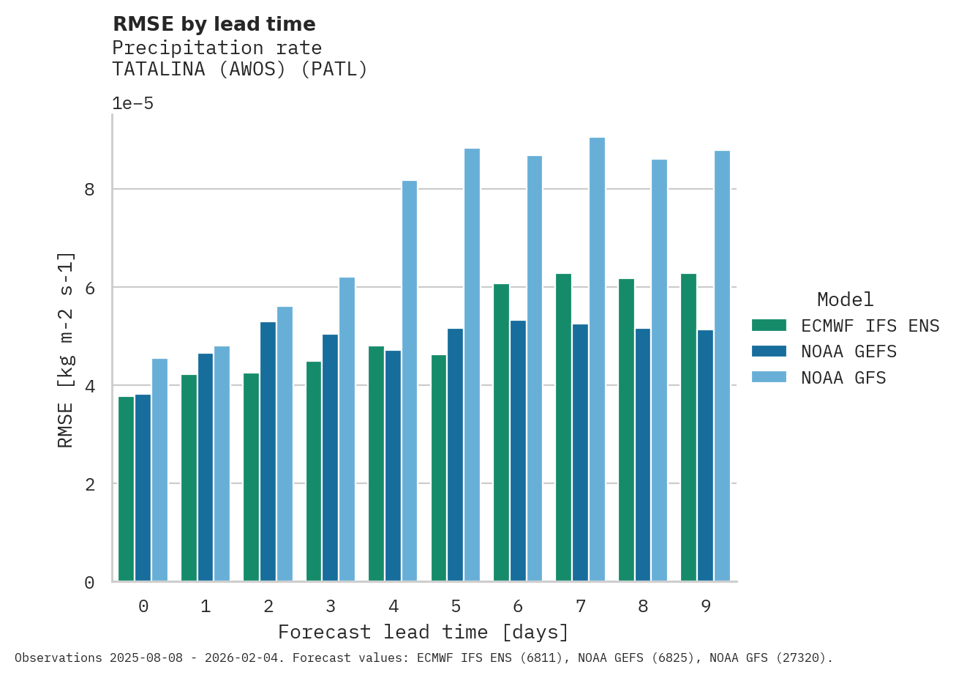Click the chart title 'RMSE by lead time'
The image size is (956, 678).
[214, 24]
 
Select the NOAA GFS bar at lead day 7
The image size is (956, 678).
[597, 359]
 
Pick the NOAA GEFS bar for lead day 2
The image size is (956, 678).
[268, 451]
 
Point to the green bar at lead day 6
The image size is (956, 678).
[501, 432]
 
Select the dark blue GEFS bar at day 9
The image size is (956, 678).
[705, 455]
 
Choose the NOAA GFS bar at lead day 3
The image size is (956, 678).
[347, 429]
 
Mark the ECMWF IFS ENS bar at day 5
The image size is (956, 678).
[439, 468]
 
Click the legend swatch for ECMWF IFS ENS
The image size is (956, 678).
[769, 325]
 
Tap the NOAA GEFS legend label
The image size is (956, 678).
[848, 351]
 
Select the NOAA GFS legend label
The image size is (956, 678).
[843, 378]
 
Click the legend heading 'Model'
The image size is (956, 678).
[845, 299]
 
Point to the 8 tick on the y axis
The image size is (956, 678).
[90, 190]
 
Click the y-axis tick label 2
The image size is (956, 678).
[90, 484]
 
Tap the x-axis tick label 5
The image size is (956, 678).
[456, 606]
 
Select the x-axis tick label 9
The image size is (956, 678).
[706, 606]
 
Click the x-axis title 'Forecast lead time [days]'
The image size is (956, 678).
[424, 632]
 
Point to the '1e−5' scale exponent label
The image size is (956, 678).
[133, 103]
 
